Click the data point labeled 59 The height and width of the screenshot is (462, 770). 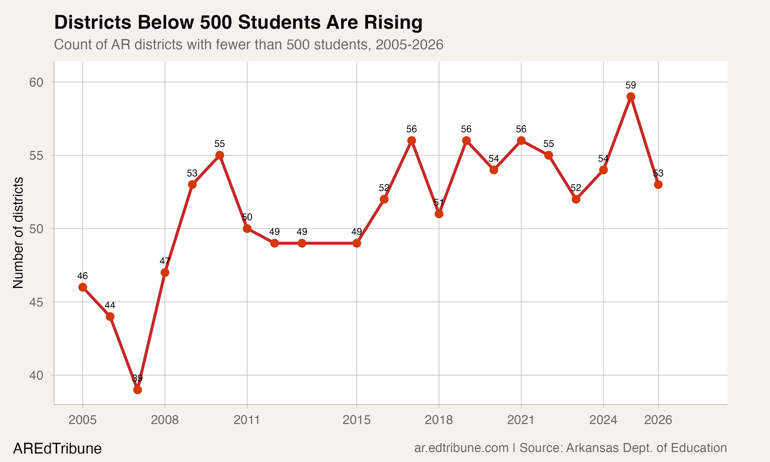(631, 97)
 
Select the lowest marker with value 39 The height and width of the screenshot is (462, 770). (137, 390)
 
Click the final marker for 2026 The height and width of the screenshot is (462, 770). (658, 185)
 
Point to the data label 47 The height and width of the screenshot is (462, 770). (165, 261)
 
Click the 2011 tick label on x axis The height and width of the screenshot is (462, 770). (246, 420)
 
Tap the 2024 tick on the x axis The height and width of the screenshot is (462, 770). (603, 420)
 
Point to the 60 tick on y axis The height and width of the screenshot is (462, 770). (36, 82)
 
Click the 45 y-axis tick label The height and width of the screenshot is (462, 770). (36, 302)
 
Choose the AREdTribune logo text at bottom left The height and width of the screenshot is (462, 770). (57, 449)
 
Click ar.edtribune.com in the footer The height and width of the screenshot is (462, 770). (461, 448)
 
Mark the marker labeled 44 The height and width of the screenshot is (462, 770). (110, 317)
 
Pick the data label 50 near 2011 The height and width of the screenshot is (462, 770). (247, 217)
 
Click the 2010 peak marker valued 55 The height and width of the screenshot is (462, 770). (219, 155)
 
